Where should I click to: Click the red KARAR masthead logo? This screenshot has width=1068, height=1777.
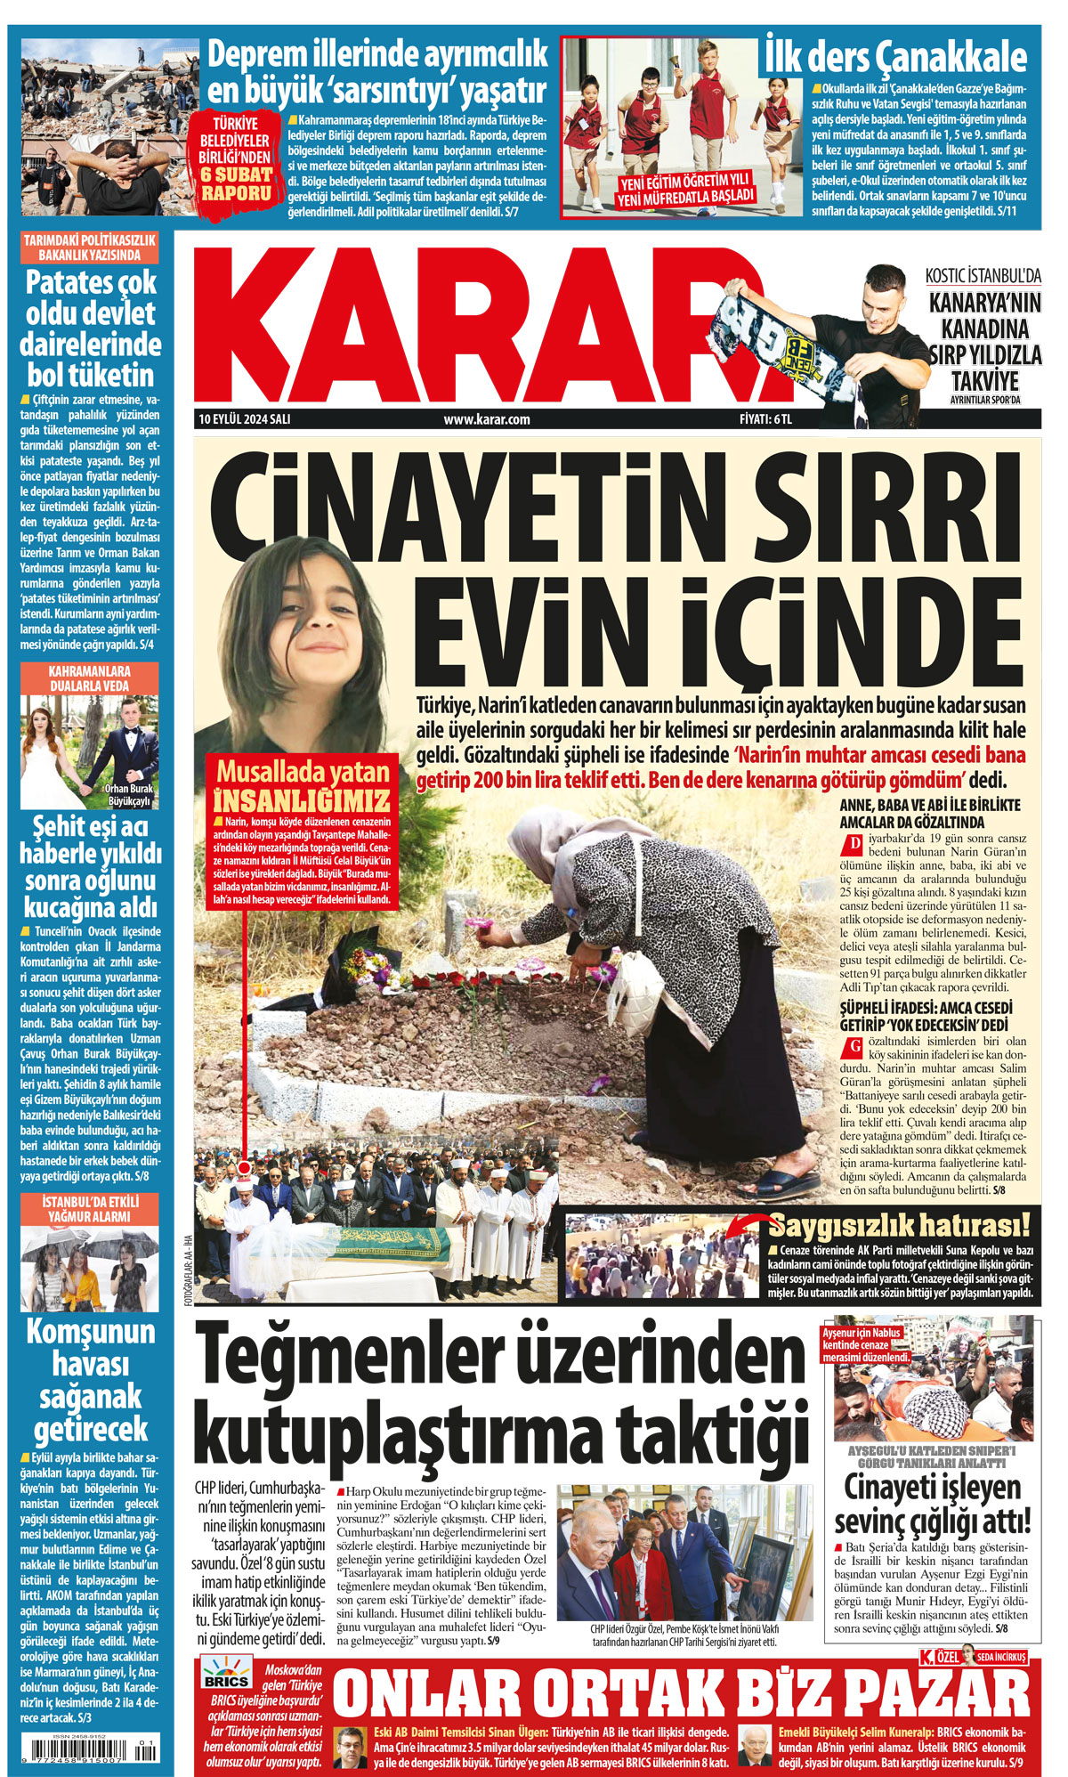(x=481, y=325)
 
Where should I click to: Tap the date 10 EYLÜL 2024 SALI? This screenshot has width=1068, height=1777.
(x=245, y=419)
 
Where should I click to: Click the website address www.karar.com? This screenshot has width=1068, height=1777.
(x=487, y=419)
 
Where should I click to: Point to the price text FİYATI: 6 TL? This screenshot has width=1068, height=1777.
(x=765, y=419)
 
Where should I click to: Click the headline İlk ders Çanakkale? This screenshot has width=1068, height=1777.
(x=895, y=59)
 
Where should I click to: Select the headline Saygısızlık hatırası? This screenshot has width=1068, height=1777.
(x=899, y=1226)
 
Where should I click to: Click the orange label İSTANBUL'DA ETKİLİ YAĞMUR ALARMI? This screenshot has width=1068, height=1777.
(x=90, y=1208)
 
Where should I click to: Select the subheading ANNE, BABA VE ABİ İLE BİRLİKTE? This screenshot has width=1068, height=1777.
(x=930, y=805)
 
